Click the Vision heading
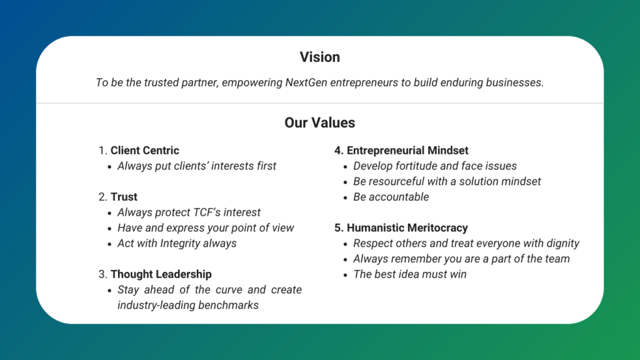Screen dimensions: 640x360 (319, 57)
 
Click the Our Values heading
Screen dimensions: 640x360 (319, 122)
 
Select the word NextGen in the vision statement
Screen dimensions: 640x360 (306, 82)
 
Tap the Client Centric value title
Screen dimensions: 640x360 (144, 150)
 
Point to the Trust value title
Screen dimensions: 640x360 (124, 197)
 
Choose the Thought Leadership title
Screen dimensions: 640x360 (161, 274)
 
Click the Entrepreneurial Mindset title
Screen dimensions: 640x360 (407, 150)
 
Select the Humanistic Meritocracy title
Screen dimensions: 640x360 (407, 227)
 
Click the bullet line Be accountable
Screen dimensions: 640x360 (391, 197)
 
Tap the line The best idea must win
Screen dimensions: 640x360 (410, 274)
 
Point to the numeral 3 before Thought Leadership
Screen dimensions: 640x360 (101, 274)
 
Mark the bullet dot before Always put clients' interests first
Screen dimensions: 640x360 (109, 167)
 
